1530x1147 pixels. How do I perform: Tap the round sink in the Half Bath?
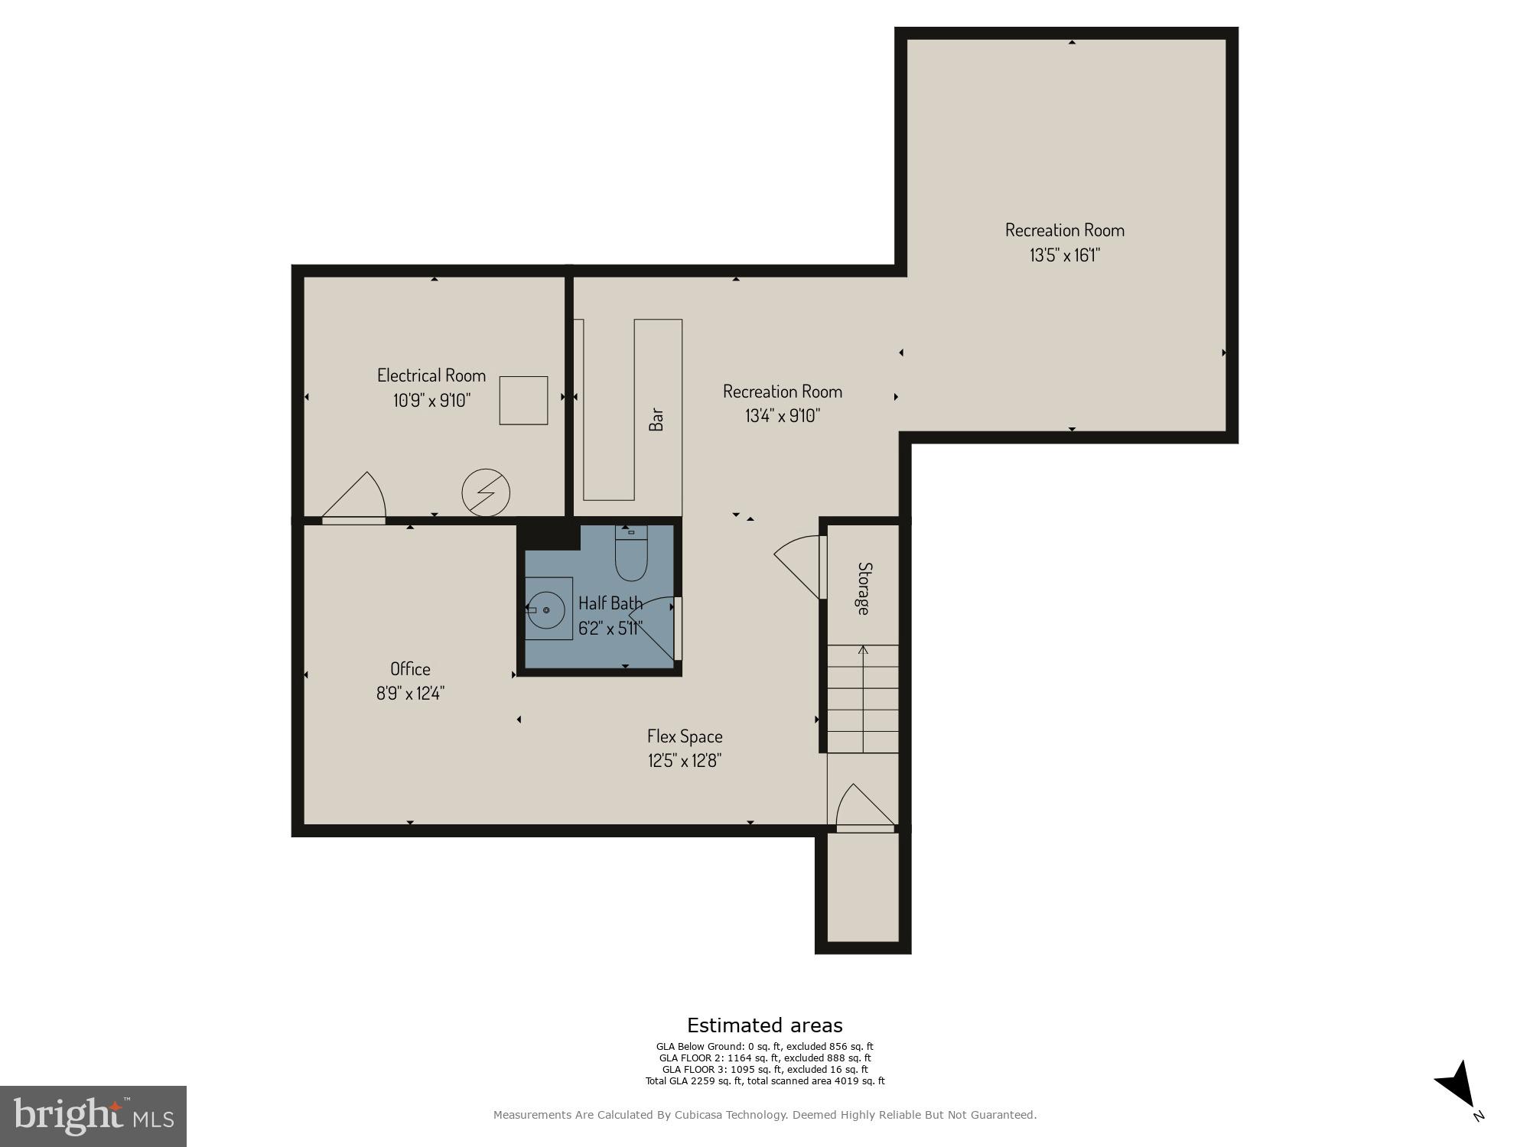(546, 610)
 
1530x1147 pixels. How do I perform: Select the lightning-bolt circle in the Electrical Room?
(486, 492)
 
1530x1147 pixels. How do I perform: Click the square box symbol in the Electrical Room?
(523, 400)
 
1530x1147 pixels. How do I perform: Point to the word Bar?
(656, 419)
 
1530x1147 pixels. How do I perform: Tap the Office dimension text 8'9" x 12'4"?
(410, 694)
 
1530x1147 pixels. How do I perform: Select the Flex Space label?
(685, 736)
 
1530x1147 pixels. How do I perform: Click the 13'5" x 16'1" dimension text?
(1064, 255)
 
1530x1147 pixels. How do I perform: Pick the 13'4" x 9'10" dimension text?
(782, 416)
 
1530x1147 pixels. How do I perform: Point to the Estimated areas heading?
(764, 1025)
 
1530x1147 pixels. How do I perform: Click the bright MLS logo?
(93, 1116)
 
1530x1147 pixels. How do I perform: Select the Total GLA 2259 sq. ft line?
(764, 1081)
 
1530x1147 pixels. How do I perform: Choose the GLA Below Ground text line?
(764, 1047)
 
